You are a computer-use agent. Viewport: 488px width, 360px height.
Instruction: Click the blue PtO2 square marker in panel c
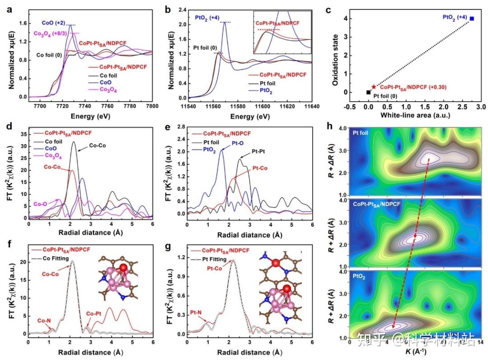tap(472, 19)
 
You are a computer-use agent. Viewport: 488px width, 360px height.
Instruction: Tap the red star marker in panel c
tap(373, 87)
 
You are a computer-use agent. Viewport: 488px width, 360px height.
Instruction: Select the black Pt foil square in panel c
tap(368, 92)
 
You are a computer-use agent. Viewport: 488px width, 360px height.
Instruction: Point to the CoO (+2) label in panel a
tap(54, 22)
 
